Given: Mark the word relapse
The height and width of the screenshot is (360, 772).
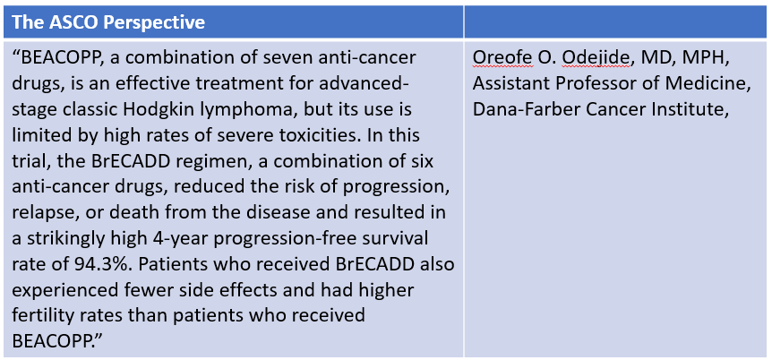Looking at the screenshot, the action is (41, 213).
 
